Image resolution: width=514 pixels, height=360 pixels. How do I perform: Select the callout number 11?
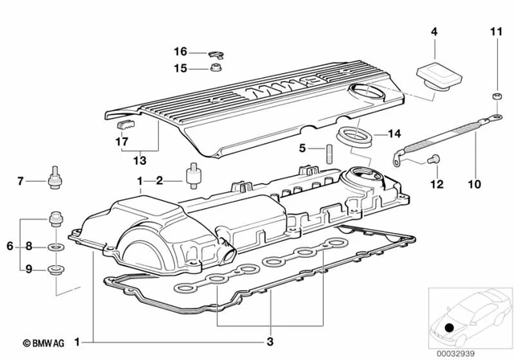(x=495, y=32)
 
